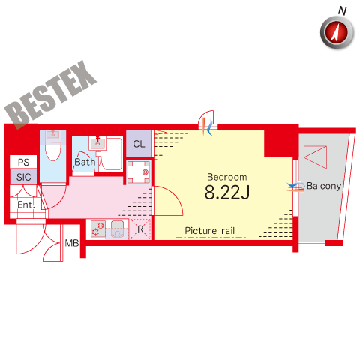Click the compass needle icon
337,32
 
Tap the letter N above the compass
343,10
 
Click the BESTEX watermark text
50,94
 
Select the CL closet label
139,144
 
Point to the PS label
23,163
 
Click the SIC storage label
24,177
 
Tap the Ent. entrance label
26,205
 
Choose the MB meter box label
72,243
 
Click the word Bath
85,162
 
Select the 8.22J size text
227,193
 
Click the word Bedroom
227,177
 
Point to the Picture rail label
210,231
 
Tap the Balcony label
324,186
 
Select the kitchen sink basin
117,229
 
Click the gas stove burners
98,229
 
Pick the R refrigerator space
140,229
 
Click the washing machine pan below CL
139,172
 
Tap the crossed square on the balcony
315,157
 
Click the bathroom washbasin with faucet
97,143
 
